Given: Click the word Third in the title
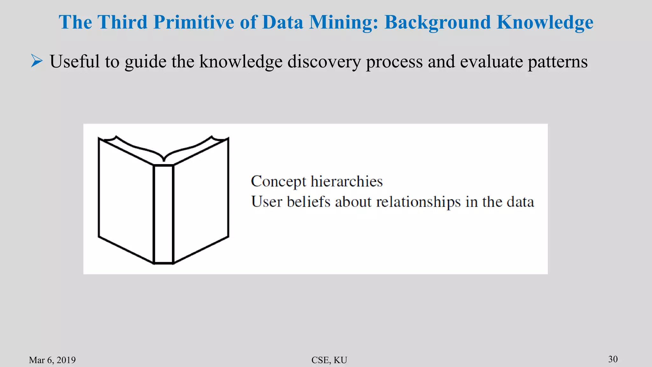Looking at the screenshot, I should coord(122,22).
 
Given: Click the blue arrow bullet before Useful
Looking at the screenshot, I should coord(37,61).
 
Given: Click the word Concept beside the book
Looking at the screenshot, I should coord(278,182).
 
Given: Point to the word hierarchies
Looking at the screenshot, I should coord(346,181).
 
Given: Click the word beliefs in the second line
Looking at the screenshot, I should coord(308,202).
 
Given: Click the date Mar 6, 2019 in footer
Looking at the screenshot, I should coord(52,360).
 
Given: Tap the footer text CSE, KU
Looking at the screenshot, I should coord(329,360).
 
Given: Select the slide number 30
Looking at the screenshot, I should coord(613,359).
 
